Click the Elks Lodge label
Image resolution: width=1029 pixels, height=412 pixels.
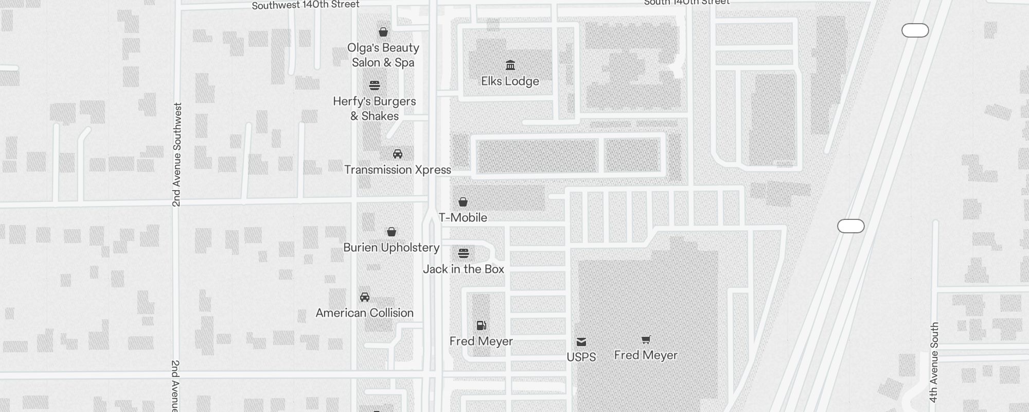click(x=510, y=81)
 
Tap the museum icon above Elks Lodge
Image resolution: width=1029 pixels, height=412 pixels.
click(x=510, y=65)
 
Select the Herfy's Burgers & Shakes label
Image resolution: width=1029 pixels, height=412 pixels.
click(x=375, y=109)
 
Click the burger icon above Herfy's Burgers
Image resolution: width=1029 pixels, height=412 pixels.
click(x=375, y=85)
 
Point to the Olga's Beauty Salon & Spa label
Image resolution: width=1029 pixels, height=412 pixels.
click(x=383, y=55)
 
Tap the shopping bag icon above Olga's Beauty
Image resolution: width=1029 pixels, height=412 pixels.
click(x=383, y=32)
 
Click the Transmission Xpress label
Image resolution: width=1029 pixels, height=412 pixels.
click(x=397, y=170)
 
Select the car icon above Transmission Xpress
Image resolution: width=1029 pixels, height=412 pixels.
click(x=398, y=153)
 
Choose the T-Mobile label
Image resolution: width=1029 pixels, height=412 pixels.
click(x=463, y=218)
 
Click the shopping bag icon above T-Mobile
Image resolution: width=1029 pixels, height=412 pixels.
click(x=463, y=201)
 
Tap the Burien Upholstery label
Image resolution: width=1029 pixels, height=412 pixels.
click(x=391, y=248)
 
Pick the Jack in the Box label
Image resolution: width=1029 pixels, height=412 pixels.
click(x=464, y=269)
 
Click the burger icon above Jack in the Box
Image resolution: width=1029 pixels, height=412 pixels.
click(x=464, y=253)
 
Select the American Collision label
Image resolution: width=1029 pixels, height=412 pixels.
click(x=364, y=313)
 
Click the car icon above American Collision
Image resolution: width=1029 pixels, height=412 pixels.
click(x=365, y=297)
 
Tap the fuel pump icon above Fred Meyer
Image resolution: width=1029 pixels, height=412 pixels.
click(x=482, y=325)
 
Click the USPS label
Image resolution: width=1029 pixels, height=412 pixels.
click(x=581, y=357)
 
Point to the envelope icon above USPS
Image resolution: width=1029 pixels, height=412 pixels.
click(x=581, y=341)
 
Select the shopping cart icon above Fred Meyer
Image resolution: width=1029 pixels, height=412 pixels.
click(x=646, y=339)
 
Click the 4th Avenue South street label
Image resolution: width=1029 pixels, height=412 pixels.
click(x=934, y=362)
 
